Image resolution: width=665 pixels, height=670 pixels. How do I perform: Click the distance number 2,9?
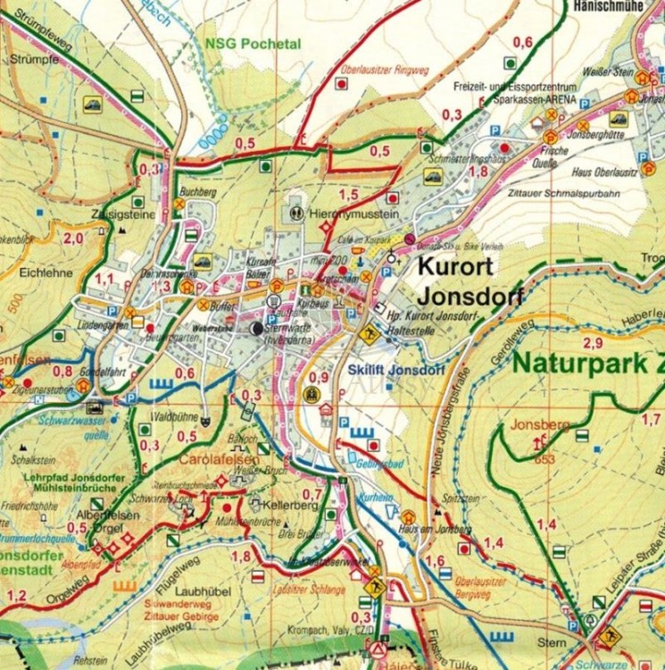pos(591,343)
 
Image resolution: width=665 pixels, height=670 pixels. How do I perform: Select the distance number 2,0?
pos(72,237)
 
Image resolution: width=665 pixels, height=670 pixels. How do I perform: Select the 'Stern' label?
pos(547,641)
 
